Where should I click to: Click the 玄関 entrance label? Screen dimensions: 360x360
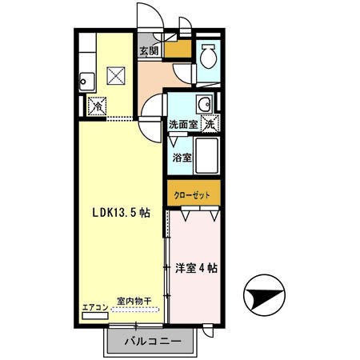click(x=149, y=51)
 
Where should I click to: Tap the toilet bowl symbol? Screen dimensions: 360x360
click(x=208, y=56)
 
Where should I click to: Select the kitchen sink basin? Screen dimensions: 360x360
click(x=87, y=82)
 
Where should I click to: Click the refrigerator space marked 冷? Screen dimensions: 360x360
click(x=98, y=106)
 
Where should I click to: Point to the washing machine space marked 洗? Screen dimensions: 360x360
click(x=210, y=123)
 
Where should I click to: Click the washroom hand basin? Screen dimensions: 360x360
click(x=205, y=104)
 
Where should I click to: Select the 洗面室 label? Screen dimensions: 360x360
click(x=183, y=124)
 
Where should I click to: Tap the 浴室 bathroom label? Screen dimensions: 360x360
click(x=182, y=158)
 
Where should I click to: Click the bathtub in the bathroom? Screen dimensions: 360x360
click(x=207, y=156)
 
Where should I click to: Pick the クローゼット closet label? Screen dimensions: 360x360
click(x=192, y=195)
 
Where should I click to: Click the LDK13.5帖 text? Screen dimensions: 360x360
click(x=122, y=213)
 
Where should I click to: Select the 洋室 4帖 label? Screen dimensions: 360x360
click(x=196, y=268)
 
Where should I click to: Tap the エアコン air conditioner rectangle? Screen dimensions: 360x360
click(x=95, y=316)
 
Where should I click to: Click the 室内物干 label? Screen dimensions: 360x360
click(x=134, y=301)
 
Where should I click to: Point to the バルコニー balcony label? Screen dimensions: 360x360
click(x=153, y=342)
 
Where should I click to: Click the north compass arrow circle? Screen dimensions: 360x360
click(x=264, y=295)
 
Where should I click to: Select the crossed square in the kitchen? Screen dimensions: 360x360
click(x=116, y=76)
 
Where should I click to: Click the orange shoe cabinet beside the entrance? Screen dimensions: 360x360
click(x=178, y=49)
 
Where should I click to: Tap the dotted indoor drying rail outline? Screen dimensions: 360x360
click(x=135, y=310)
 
